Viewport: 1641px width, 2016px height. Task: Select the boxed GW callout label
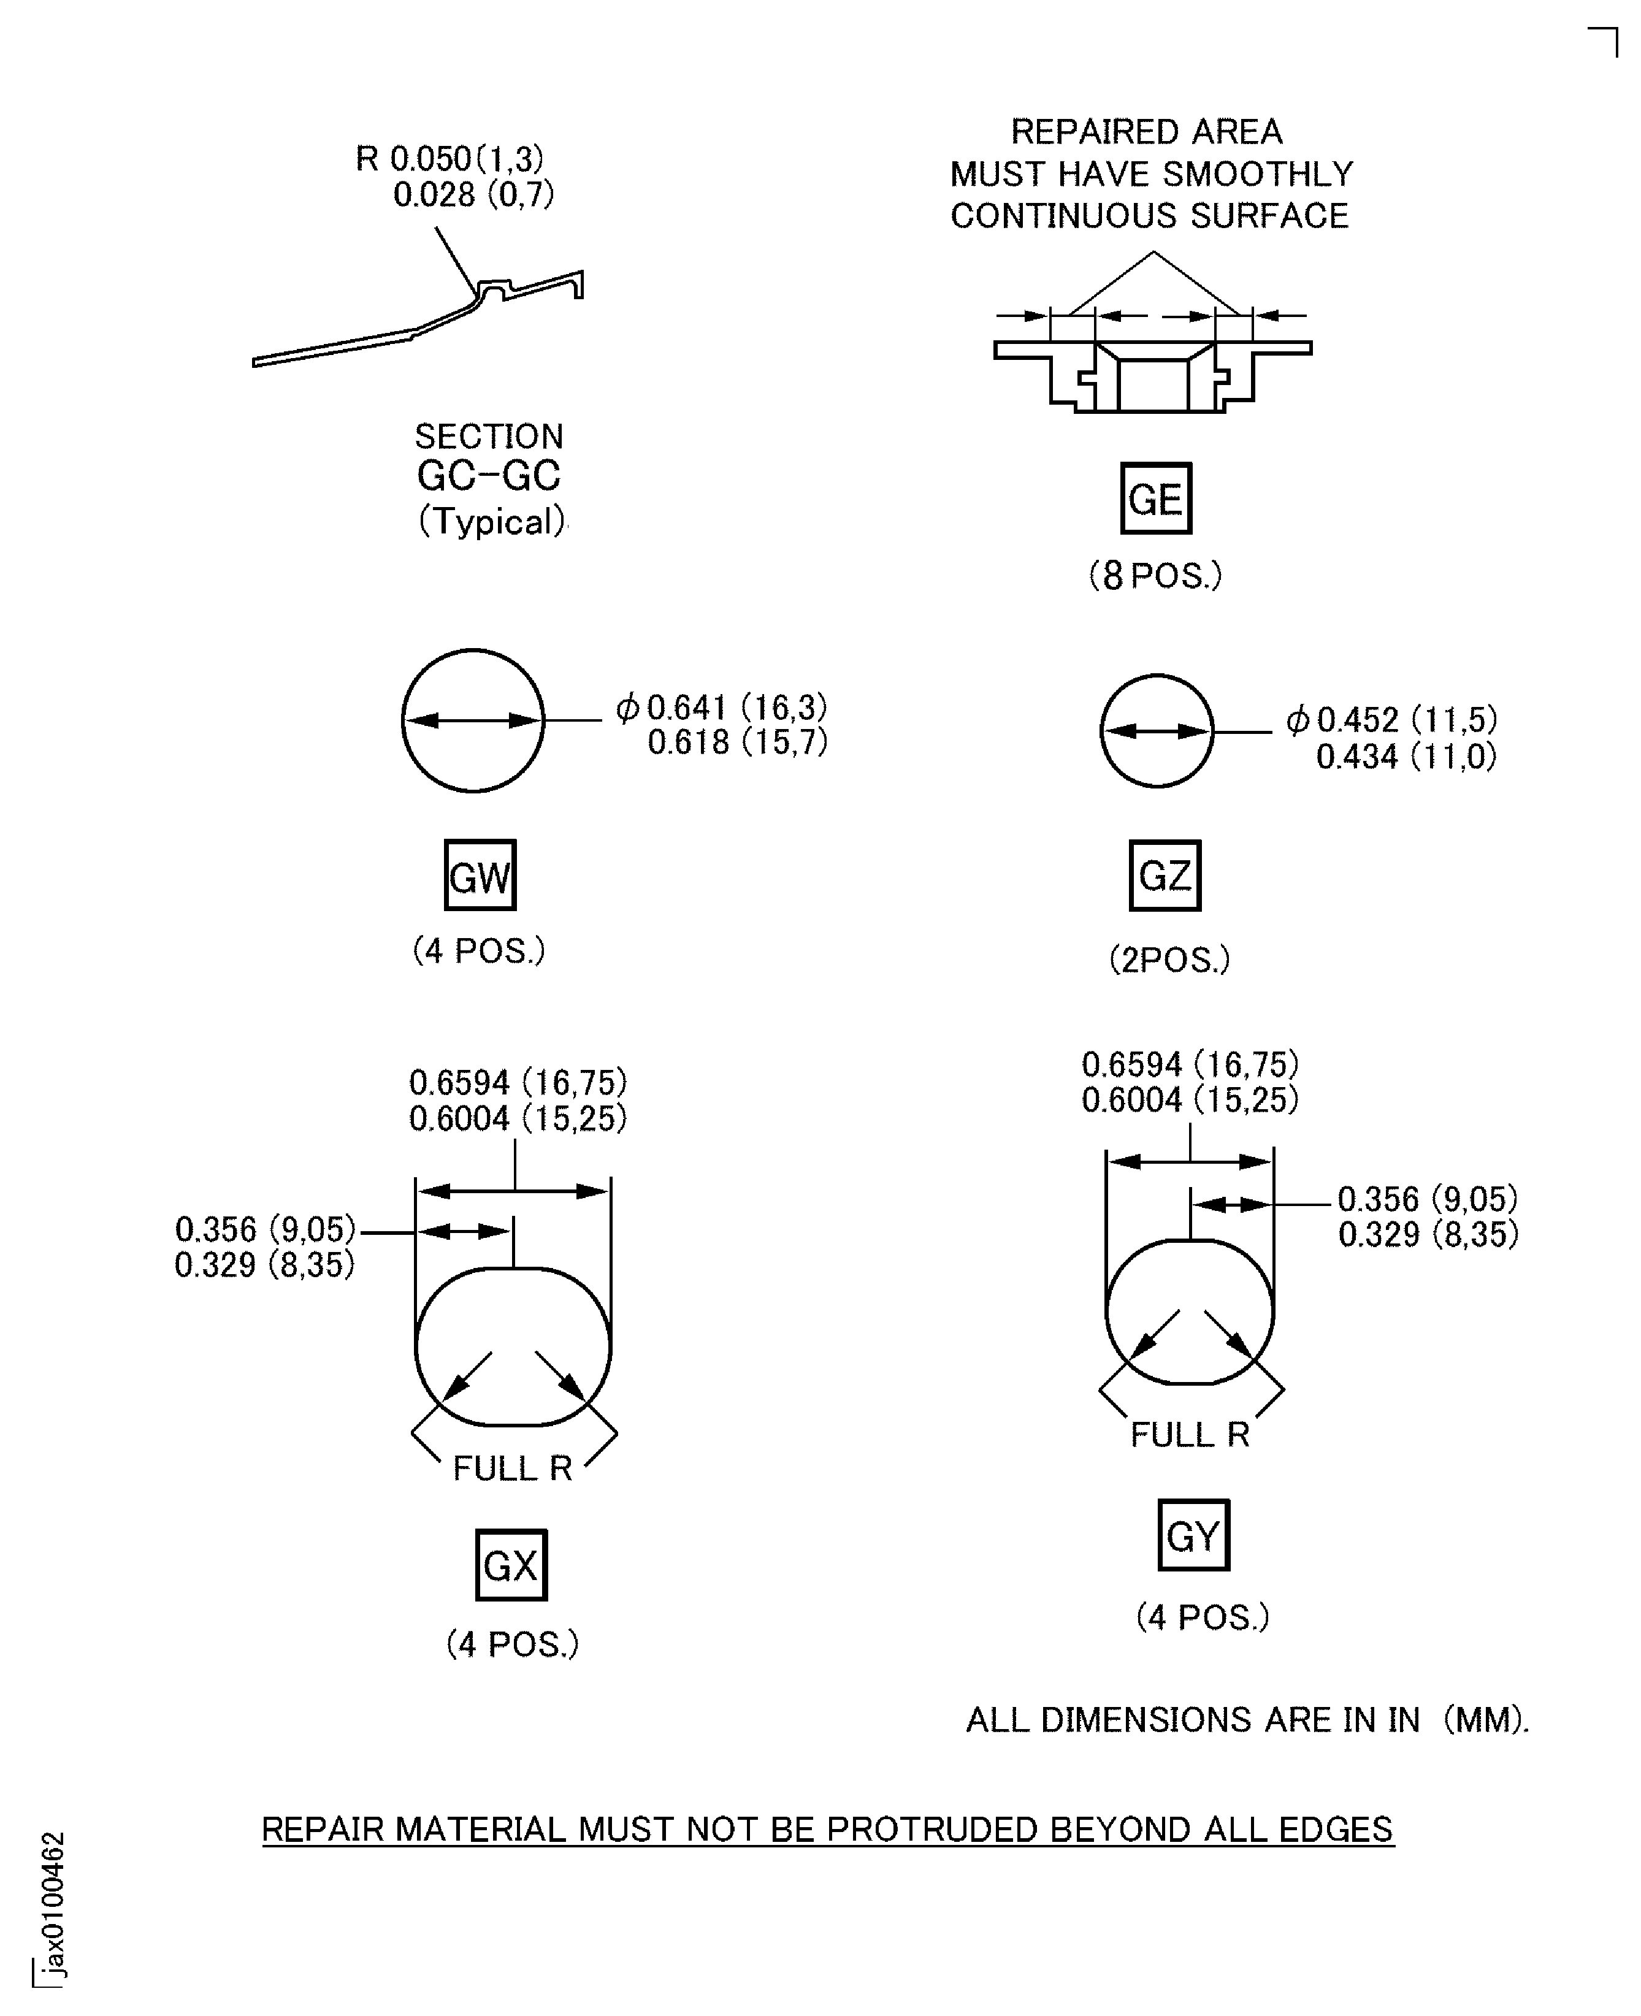480,875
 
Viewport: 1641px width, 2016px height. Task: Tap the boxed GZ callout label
1165,875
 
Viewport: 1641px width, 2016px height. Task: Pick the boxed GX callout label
510,1565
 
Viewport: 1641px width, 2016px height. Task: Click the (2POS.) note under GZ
1169,960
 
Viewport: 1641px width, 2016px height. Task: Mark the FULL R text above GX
512,1468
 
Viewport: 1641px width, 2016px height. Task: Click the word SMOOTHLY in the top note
1257,174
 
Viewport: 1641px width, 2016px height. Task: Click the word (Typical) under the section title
492,521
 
